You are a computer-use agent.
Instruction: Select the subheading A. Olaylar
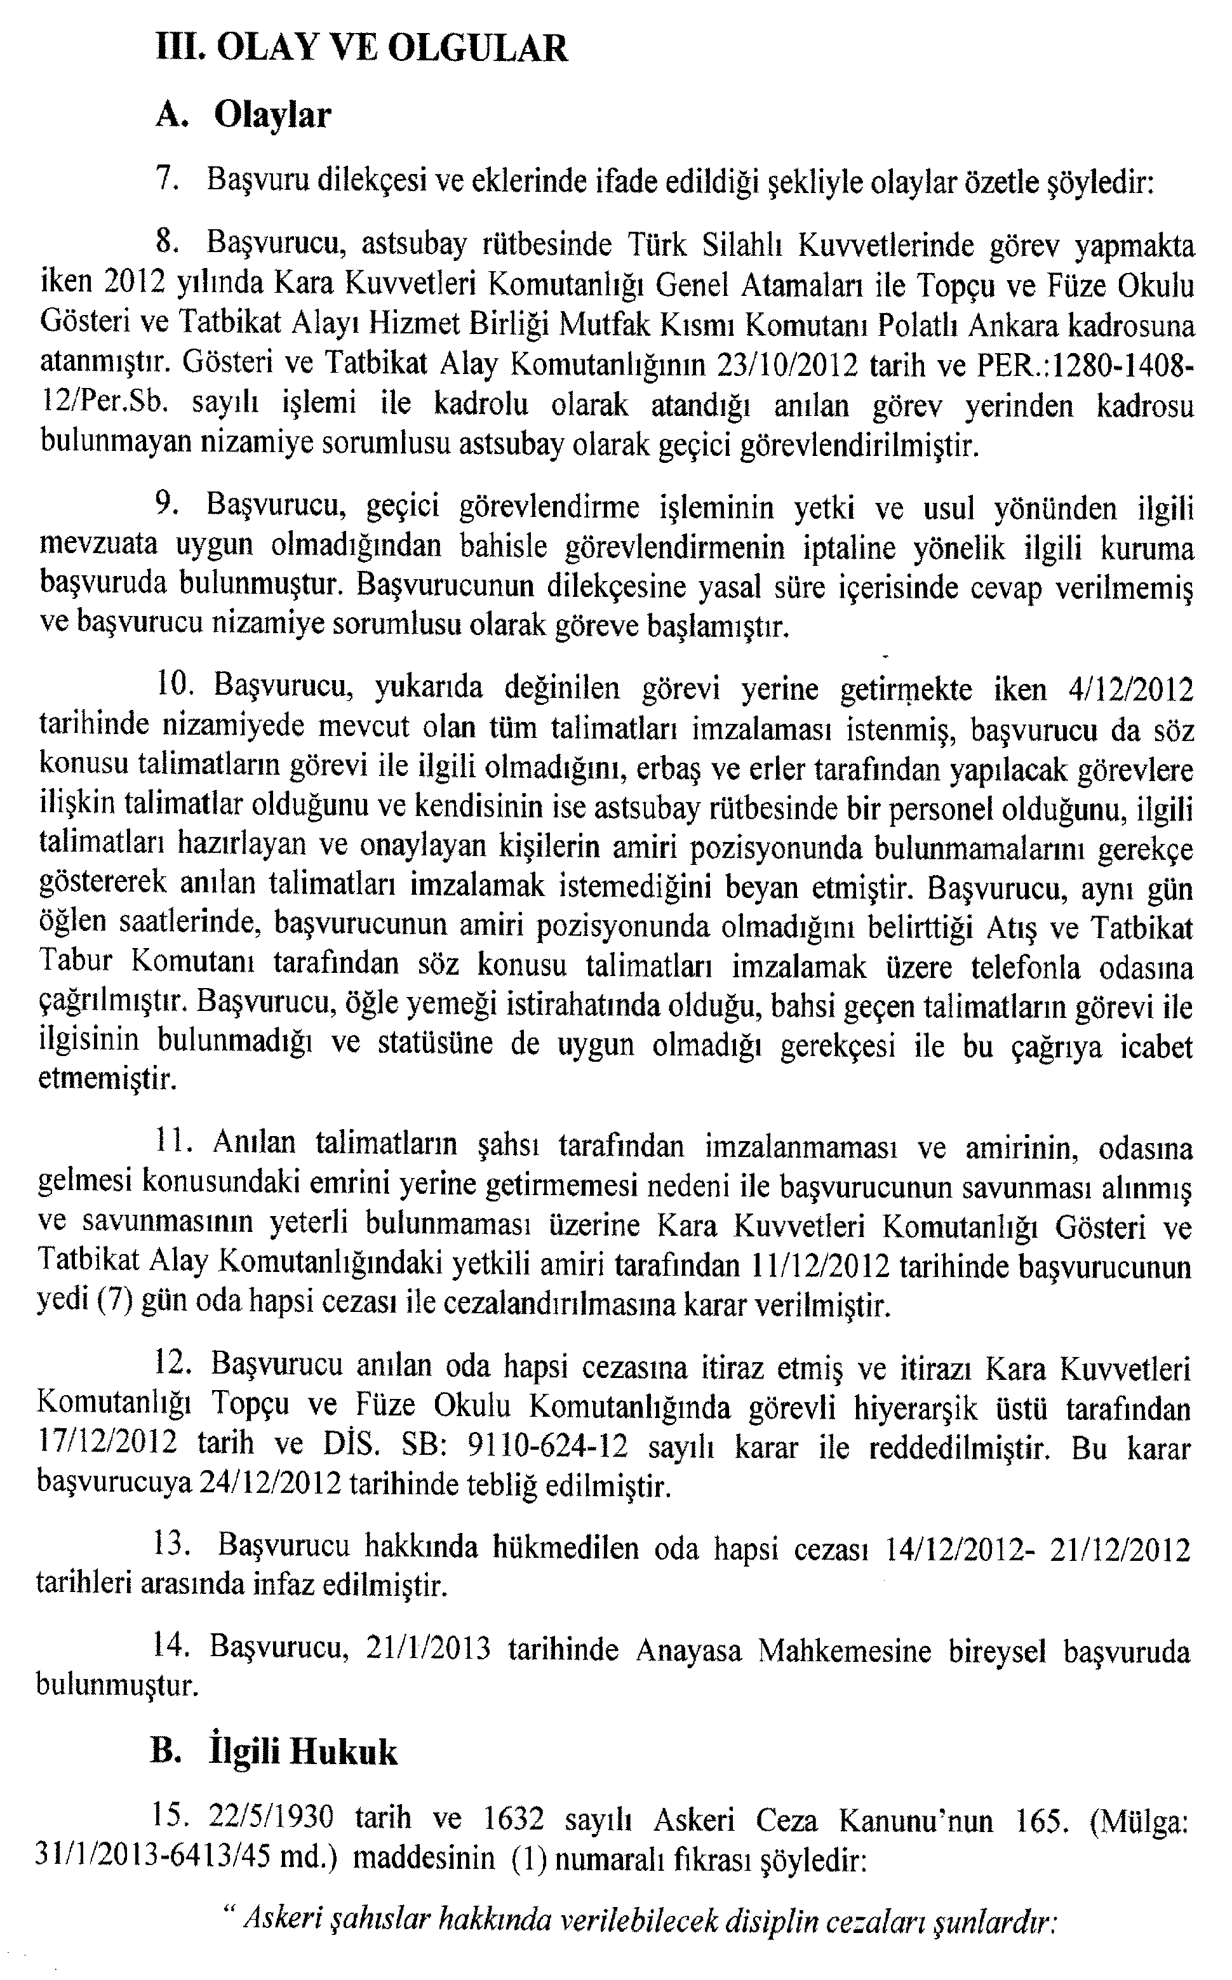[243, 116]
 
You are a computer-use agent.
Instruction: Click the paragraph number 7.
[164, 178]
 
